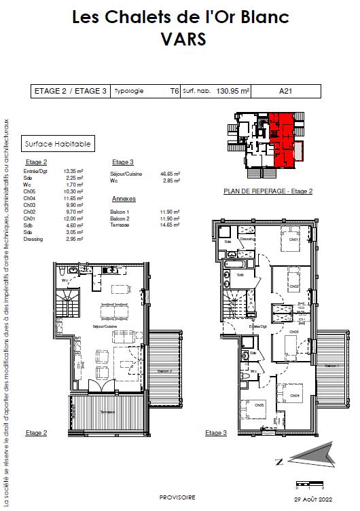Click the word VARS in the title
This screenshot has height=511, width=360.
[x=180, y=40]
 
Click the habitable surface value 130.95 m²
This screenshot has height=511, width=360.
[x=233, y=91]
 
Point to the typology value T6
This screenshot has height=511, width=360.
[x=174, y=91]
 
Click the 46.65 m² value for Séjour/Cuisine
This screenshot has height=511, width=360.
[x=170, y=174]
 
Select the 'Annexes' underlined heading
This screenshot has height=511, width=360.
[x=124, y=199]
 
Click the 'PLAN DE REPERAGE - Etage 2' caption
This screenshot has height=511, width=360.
[x=268, y=191]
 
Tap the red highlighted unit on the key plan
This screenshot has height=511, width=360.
[x=282, y=139]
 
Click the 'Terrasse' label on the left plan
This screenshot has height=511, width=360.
[x=105, y=413]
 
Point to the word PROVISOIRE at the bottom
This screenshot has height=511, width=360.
[x=180, y=496]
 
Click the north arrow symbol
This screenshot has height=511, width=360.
[x=309, y=456]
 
